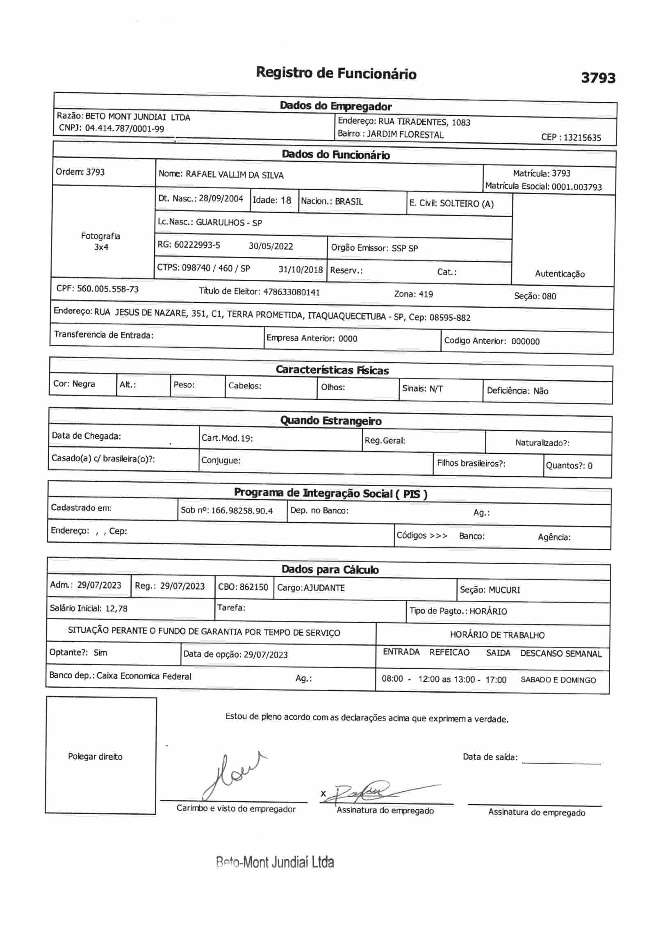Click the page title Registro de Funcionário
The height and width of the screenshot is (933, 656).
tap(336, 73)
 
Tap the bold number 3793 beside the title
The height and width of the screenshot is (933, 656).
tap(598, 78)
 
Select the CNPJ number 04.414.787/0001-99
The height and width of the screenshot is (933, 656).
tap(124, 129)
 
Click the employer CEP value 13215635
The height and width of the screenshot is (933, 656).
tap(582, 138)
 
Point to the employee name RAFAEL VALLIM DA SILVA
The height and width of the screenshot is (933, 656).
tap(235, 175)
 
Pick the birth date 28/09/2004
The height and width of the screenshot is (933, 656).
tap(221, 199)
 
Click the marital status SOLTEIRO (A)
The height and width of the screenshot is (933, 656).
tap(467, 204)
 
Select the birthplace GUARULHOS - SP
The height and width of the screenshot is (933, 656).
tap(229, 223)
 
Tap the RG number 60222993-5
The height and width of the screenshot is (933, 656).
tap(197, 245)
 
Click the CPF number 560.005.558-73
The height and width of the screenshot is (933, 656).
tap(108, 289)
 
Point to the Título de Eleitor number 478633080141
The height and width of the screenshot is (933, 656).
tap(292, 292)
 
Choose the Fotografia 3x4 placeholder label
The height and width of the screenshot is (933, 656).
tap(101, 242)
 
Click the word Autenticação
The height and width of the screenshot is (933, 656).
tap(560, 274)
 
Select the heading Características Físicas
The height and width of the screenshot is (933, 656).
tap(332, 370)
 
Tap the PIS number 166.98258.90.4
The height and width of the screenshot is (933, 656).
tap(242, 511)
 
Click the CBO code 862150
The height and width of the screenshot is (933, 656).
tap(254, 587)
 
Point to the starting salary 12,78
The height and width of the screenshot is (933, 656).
tap(116, 608)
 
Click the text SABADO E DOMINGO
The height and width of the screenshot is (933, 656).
tap(558, 680)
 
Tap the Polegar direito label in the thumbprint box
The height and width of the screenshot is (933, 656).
tap(95, 757)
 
